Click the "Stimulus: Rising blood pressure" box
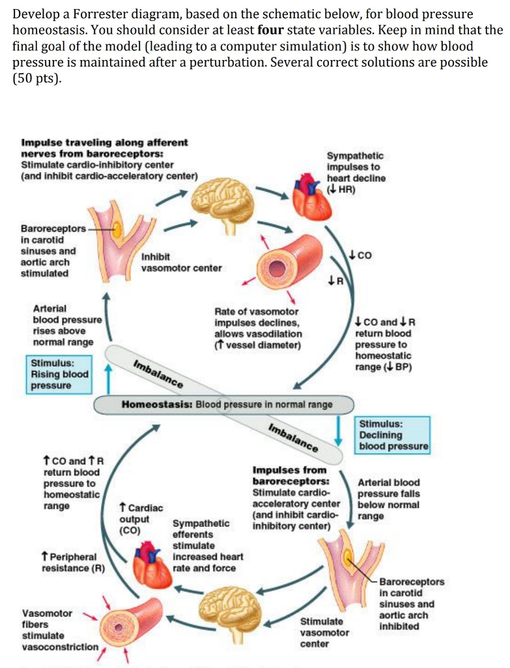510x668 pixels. [59, 374]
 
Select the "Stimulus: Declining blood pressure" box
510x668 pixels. [393, 435]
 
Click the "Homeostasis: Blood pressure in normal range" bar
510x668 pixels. [225, 404]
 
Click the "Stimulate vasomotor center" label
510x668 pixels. [324, 632]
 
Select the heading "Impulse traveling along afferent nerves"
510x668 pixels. [104, 147]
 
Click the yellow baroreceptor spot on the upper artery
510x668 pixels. [118, 229]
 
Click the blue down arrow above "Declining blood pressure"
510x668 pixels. [339, 428]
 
